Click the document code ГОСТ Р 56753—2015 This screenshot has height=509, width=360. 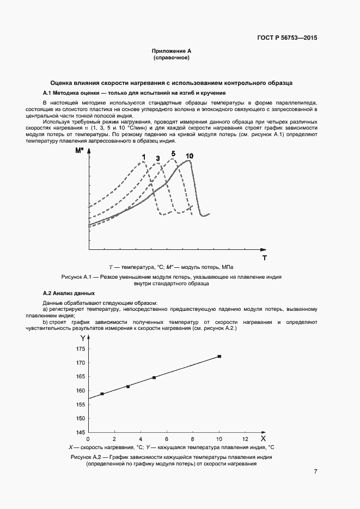tap(286, 38)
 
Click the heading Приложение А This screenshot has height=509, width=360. tap(171, 51)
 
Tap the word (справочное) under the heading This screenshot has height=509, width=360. tap(171, 57)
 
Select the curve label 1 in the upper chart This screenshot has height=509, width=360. tap(143, 157)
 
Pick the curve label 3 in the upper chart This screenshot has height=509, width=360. tap(158, 158)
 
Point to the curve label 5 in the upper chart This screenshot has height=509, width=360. tap(173, 154)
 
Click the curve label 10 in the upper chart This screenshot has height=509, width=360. tap(189, 157)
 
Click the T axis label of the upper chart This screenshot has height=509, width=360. tap(264, 256)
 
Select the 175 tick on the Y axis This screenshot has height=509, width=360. tap(81, 349)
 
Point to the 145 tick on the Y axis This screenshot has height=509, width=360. tap(81, 432)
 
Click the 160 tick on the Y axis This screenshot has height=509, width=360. tap(81, 391)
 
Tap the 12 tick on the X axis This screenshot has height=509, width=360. tap(245, 439)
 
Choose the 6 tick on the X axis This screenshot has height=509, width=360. tap(167, 439)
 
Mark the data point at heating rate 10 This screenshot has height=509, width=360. tap(219, 357)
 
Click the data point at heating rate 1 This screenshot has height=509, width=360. tap(102, 394)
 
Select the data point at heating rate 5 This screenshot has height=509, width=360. tap(154, 378)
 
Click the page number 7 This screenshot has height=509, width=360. tap(315, 471)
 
